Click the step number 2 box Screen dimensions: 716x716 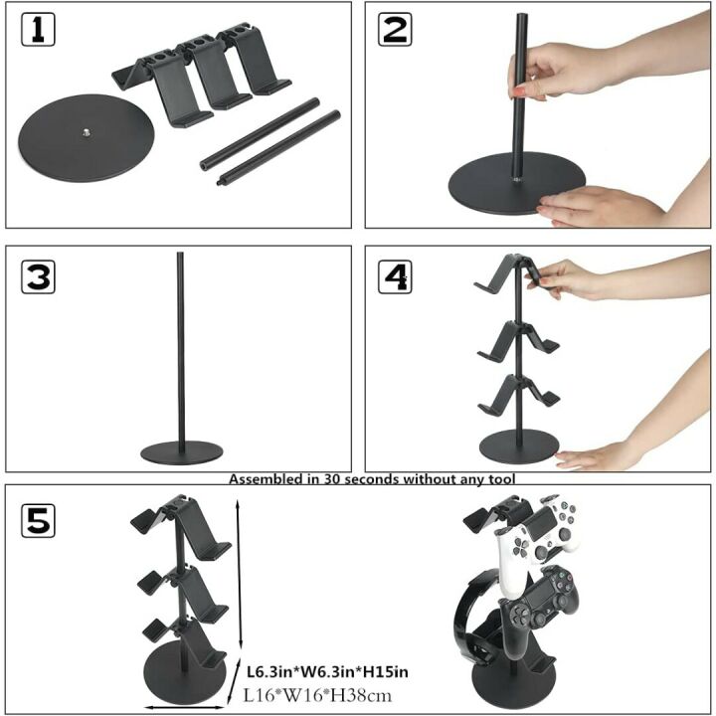[x=395, y=31]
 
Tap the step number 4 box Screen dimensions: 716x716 [x=395, y=277]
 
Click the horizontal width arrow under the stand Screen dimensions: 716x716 [x=184, y=707]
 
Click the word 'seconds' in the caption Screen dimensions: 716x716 [x=371, y=479]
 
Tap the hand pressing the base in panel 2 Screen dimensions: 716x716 [x=597, y=206]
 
